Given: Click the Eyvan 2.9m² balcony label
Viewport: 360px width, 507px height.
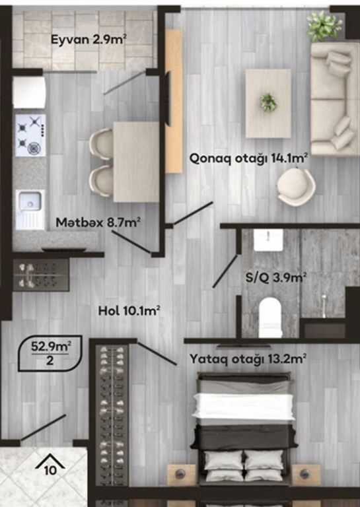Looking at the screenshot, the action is click(89, 40).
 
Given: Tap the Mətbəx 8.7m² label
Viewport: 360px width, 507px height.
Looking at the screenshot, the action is click(98, 222).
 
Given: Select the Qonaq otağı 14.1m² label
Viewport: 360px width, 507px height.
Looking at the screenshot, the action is click(248, 158).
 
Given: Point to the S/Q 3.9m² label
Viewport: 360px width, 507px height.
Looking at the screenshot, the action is click(276, 277).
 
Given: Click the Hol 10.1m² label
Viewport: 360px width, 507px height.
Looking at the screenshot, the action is click(129, 311).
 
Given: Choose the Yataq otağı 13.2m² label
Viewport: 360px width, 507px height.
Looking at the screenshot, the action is click(248, 359).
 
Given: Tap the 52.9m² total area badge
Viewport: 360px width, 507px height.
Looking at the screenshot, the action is click(50, 353).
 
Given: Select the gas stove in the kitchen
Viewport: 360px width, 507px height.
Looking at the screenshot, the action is click(31, 135).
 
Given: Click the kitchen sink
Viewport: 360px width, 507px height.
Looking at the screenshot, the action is click(30, 209).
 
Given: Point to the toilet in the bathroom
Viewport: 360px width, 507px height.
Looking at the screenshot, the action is click(270, 317).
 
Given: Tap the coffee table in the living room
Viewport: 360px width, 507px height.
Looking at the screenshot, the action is click(268, 103).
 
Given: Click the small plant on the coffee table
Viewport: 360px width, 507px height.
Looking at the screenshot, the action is click(268, 102).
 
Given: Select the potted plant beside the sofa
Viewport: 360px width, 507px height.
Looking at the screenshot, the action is click(324, 26).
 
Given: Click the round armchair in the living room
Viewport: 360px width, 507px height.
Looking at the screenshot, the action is click(296, 187).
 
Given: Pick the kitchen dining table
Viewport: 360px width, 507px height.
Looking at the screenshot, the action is click(136, 162).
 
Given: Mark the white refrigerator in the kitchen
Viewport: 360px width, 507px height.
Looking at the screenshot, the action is click(29, 92).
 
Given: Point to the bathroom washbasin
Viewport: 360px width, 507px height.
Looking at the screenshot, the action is click(268, 240).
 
